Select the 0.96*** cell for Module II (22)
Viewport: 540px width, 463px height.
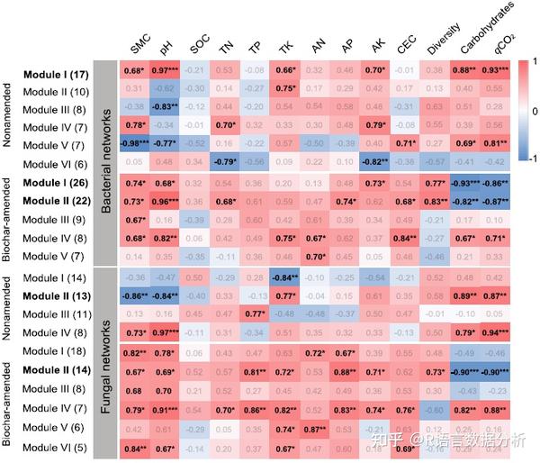pyautogui.click(x=163, y=201)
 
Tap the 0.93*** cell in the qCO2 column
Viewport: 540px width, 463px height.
pyautogui.click(x=494, y=70)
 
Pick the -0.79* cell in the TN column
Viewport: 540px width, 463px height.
pyautogui.click(x=225, y=163)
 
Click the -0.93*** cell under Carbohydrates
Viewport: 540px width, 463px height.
pyautogui.click(x=464, y=182)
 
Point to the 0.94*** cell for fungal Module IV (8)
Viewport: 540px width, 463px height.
pyautogui.click(x=494, y=333)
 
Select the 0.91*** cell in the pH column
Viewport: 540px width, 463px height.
pyautogui.click(x=163, y=409)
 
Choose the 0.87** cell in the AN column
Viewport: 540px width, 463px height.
pyautogui.click(x=314, y=428)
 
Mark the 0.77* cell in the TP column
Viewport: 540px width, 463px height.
pyautogui.click(x=255, y=314)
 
